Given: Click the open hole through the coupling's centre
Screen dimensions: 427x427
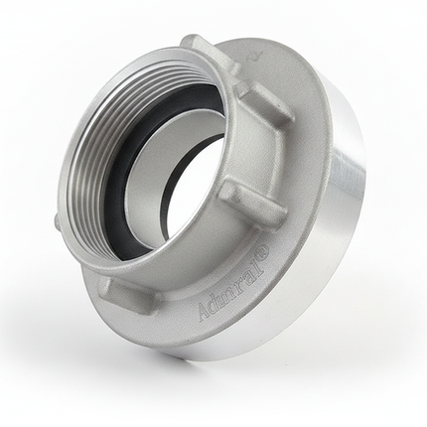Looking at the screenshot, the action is tap(196, 186).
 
